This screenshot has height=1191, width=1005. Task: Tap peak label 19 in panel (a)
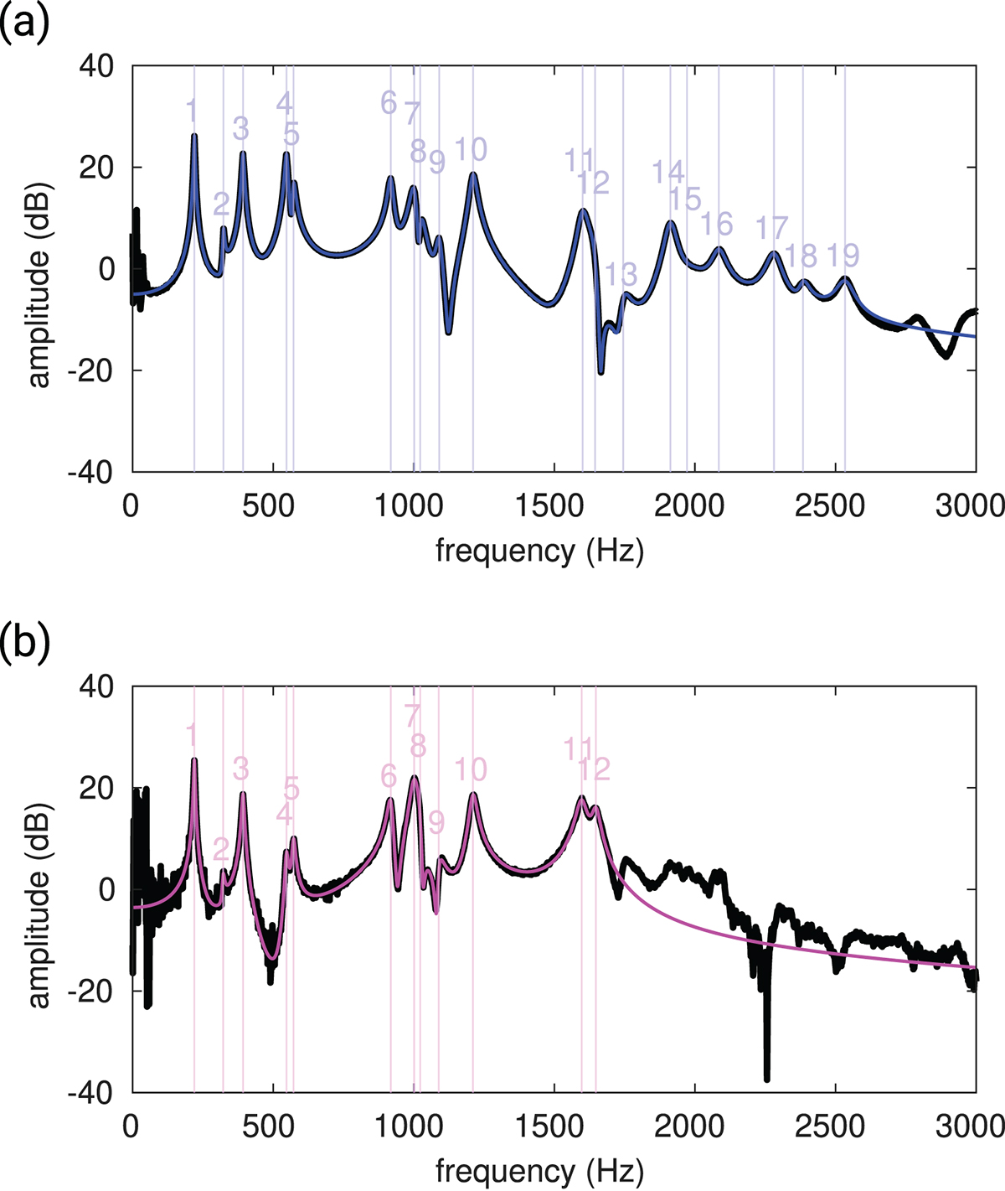843,255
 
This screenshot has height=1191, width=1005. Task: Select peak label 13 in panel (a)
621,274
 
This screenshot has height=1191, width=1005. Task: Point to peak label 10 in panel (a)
471,150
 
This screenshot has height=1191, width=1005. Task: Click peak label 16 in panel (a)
716,224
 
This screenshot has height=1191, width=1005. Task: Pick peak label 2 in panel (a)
221,204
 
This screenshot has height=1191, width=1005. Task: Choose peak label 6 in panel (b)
389,776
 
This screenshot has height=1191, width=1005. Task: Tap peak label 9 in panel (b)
436,823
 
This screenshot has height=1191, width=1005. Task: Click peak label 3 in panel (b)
240,768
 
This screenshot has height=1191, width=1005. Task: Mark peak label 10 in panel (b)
471,769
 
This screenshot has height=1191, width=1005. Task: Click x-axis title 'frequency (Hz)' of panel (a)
539,551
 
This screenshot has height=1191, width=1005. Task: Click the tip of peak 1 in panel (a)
194,134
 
